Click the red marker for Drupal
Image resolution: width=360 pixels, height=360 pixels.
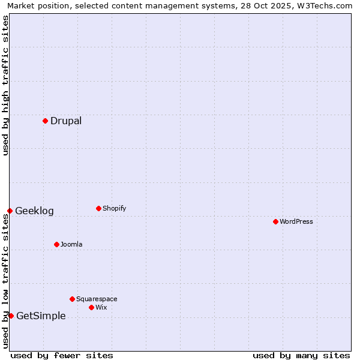45,121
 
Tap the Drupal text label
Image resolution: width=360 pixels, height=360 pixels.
66,121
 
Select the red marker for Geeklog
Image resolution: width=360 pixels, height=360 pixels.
10,211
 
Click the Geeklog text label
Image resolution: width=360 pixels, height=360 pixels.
34,211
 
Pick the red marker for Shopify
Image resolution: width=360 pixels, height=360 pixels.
98,208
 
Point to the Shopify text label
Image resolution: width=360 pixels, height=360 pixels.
114,208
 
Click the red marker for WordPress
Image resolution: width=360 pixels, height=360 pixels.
275,221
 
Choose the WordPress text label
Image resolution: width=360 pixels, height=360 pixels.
296,221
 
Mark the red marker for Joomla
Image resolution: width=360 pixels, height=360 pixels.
56,244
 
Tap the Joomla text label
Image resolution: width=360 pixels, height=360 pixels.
71,244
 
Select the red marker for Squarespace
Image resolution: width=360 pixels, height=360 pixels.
72,299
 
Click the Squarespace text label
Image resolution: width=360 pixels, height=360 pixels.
97,299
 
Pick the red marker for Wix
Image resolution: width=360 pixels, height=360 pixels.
91,307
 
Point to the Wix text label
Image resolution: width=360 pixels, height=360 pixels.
101,307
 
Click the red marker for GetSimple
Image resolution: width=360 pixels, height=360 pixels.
11,316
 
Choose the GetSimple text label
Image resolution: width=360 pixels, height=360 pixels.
41,316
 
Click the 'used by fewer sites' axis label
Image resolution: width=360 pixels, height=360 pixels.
62,355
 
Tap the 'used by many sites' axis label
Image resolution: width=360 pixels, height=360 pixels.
301,355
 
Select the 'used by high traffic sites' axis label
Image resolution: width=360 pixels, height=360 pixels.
5,85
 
